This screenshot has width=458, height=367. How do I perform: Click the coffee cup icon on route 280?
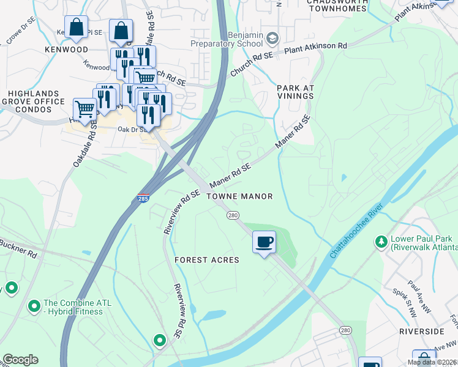(264, 242)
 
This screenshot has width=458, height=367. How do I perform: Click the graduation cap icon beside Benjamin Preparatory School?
(271, 40)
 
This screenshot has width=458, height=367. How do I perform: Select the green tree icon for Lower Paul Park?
(382, 242)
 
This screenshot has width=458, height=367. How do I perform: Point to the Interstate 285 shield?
(143, 199)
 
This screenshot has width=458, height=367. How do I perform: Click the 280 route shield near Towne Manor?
(233, 215)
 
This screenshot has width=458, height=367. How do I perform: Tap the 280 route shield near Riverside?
(346, 330)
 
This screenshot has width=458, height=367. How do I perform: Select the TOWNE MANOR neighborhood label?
(239, 196)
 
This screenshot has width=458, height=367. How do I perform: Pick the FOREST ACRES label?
(206, 260)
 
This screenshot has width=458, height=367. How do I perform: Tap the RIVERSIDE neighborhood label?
(421, 331)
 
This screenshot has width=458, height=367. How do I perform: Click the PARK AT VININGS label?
(295, 92)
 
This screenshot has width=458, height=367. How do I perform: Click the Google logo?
(20, 360)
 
